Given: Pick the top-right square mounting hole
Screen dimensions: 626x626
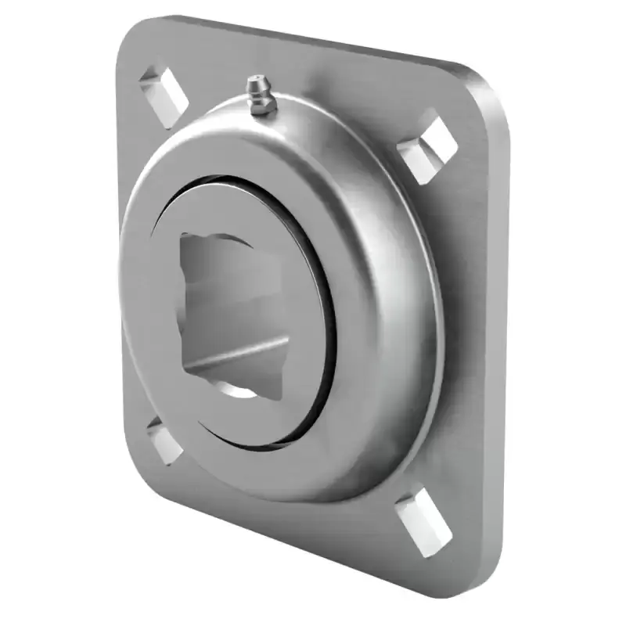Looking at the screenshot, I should point(427,147).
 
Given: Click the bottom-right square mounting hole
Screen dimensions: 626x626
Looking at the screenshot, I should point(423,520).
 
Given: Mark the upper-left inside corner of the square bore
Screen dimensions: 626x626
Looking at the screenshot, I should point(188,239).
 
